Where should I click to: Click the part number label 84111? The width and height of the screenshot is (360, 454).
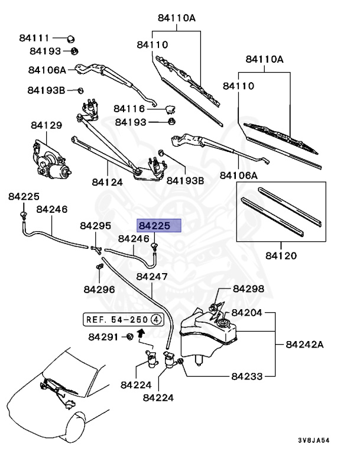pos(33,38)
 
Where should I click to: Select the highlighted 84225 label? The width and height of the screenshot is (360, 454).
pos(154,225)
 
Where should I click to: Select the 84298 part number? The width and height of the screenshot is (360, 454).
pos(248,289)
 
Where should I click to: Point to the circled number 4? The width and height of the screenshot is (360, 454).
pos(156,319)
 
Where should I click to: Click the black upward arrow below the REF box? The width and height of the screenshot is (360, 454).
pos(141,333)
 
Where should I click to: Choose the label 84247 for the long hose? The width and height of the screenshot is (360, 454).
pos(152,277)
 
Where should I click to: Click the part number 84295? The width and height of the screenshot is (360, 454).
pos(95,226)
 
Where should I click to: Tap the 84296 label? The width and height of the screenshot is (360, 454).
pos(99,289)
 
